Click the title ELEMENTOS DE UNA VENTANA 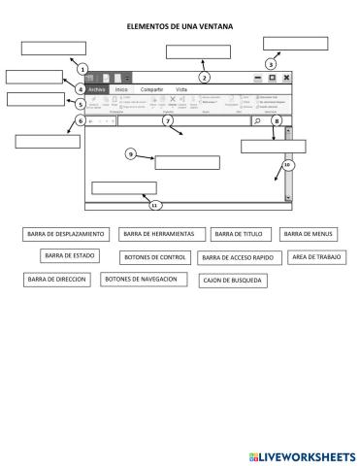[180, 28]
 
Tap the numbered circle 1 [82, 69]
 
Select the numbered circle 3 [271, 63]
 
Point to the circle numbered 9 [131, 153]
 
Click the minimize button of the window [258, 77]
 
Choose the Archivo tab [96, 89]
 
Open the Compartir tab [151, 89]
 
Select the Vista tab [181, 89]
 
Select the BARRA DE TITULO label [238, 234]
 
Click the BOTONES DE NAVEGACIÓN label [144, 279]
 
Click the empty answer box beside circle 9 [187, 162]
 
